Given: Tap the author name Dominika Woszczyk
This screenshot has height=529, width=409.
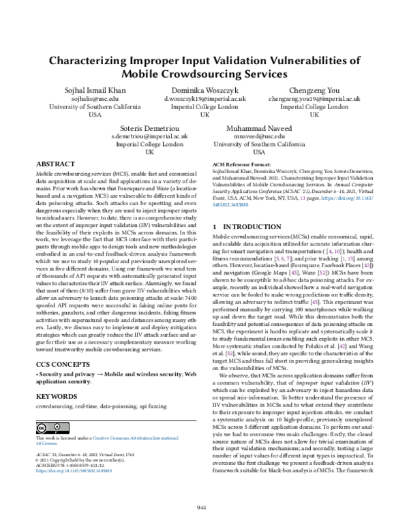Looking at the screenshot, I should [204, 90].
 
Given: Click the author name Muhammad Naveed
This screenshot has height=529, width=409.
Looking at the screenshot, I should [260, 127].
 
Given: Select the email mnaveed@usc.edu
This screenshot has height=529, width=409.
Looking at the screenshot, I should [260, 136].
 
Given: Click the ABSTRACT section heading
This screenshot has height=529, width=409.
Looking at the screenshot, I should [55, 164].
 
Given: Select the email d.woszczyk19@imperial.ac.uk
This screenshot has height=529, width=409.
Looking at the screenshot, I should [204, 99].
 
